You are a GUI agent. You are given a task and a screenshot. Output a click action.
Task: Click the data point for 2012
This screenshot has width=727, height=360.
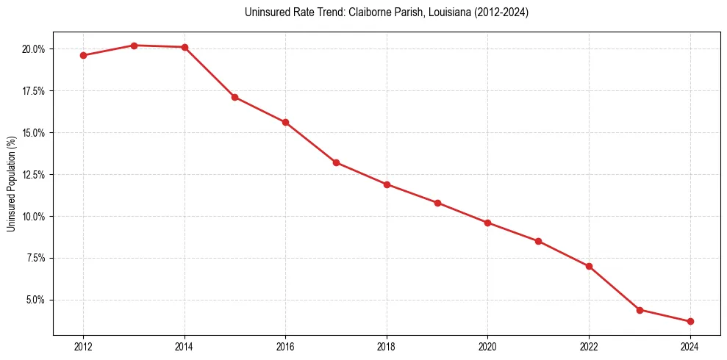coord(83,55)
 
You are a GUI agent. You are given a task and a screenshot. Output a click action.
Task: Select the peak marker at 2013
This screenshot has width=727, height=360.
coord(134,46)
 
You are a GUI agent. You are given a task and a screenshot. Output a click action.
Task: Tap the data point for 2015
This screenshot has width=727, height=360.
coord(234,97)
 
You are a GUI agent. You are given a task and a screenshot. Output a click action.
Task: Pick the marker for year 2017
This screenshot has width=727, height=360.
coord(336,162)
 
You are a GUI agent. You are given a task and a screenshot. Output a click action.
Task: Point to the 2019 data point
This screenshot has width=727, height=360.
coord(437,203)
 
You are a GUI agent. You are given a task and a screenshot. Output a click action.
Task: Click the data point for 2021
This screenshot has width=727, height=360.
coord(538,241)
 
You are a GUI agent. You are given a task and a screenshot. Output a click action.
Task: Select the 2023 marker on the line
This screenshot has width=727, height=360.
coord(640,310)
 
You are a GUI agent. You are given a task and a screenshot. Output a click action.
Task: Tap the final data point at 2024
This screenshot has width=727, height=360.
coord(690,321)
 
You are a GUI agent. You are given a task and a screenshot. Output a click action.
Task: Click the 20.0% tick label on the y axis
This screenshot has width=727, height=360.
coord(34,49)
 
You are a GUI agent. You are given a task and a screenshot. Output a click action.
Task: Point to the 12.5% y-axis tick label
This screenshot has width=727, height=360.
coord(34,175)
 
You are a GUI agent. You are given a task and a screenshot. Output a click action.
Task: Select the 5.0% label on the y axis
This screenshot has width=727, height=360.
coord(35,300)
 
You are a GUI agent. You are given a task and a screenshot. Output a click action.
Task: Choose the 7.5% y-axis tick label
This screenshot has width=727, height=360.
coord(35,258)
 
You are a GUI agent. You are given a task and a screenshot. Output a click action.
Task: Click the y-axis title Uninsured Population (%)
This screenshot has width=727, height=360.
coord(12,183)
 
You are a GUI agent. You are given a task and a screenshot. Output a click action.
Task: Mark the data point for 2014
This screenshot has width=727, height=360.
coord(185,47)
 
